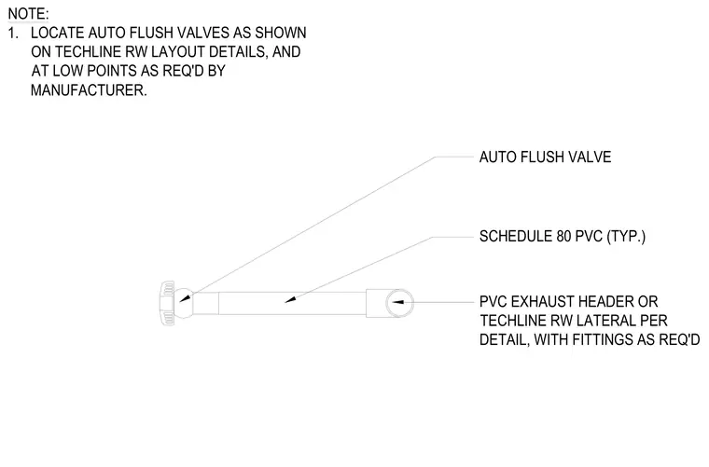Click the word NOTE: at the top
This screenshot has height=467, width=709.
click(x=28, y=14)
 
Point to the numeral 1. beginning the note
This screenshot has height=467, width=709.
click(x=14, y=33)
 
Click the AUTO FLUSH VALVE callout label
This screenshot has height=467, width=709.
click(x=545, y=158)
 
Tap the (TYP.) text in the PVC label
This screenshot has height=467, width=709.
click(x=626, y=236)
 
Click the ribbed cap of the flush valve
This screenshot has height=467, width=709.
click(x=167, y=303)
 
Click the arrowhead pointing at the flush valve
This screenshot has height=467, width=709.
click(x=186, y=298)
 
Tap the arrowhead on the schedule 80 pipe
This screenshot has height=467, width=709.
click(x=290, y=299)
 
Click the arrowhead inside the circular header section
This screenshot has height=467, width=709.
click(x=397, y=302)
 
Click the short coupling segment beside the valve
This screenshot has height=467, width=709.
click(x=206, y=303)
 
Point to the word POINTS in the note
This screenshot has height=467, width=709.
click(x=111, y=72)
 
